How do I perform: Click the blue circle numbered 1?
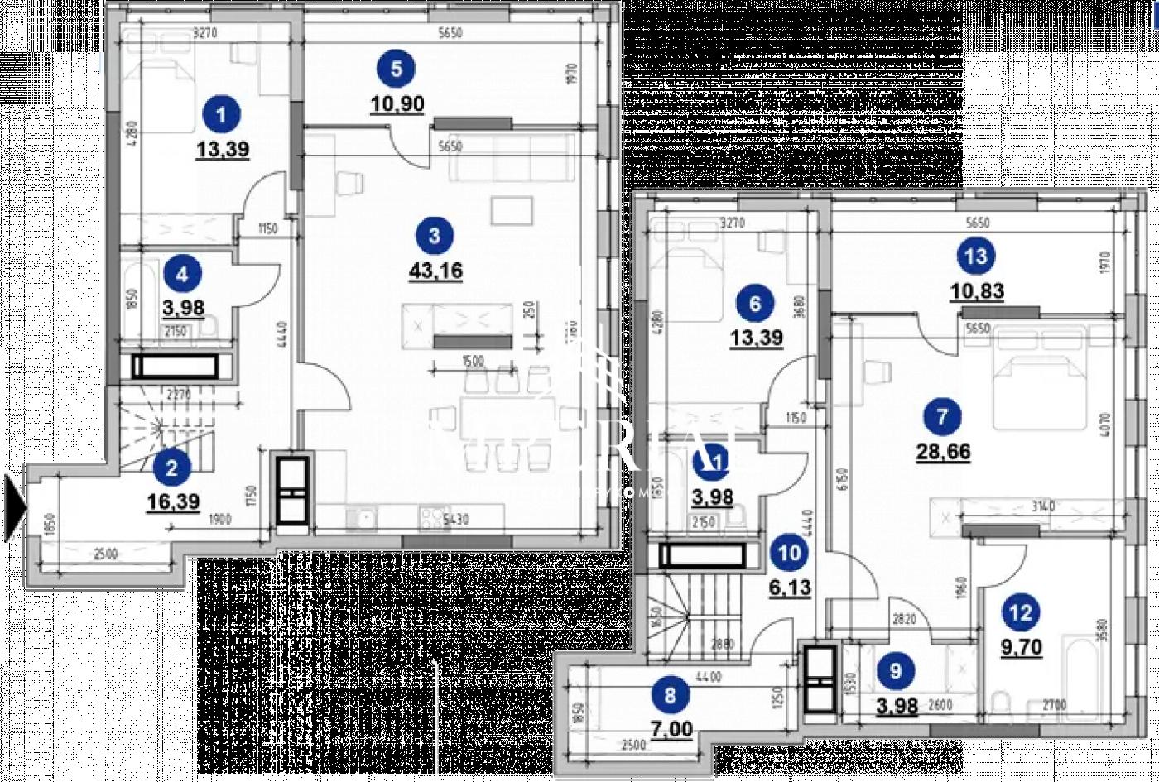coord(221,113)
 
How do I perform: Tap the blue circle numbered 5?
coord(397,68)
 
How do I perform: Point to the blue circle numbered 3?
coord(435,236)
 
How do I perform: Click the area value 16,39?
coord(172,502)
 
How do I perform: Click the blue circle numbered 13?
coord(977,257)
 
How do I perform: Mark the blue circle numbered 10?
coord(791,553)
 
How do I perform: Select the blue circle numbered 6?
coord(755,304)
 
